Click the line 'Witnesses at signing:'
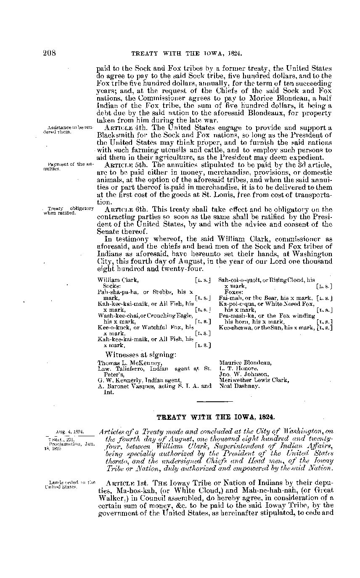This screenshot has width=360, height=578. click(140, 354)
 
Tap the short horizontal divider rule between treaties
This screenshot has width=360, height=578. click(212, 402)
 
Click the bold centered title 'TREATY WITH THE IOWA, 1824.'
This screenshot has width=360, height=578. click(216, 417)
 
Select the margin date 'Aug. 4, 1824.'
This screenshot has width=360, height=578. click(70, 432)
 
